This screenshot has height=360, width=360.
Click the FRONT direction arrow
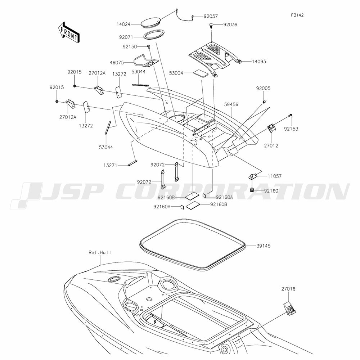tap(68, 32)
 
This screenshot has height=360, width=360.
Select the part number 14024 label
tap(123, 24)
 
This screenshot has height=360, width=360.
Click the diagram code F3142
tap(297, 15)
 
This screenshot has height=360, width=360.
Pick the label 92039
tap(230, 24)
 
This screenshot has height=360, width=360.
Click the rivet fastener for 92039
tap(211, 25)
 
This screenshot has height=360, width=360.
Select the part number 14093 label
tap(259, 62)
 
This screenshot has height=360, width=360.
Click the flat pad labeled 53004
tap(201, 73)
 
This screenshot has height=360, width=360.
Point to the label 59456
tap(231, 104)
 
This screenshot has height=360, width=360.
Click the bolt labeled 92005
tap(265, 101)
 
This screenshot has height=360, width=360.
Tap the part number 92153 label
tap(291, 129)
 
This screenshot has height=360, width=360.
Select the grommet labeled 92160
tap(252, 190)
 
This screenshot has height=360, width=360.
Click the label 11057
tap(275, 176)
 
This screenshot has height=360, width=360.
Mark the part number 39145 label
tap(264, 246)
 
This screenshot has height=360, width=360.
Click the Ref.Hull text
tap(100, 253)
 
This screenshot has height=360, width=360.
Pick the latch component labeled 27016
tap(289, 309)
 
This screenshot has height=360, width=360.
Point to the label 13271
tap(111, 165)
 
